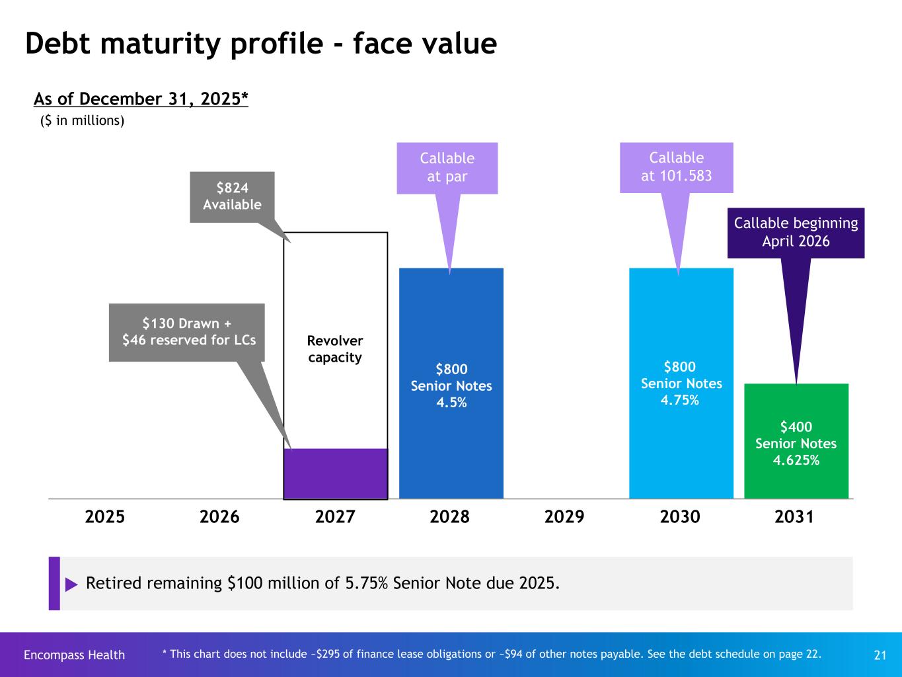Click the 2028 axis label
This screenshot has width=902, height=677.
449,516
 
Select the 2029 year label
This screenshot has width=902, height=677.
564,516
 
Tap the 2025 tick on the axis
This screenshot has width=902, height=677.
105,516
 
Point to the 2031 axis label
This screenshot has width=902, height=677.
794,516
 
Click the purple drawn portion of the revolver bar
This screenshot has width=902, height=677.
336,473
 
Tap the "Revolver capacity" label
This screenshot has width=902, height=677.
335,349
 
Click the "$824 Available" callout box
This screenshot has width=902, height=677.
232,197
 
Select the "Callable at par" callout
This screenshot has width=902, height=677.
447,168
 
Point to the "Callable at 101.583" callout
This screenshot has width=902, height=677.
677,167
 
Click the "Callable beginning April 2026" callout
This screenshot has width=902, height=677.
796,233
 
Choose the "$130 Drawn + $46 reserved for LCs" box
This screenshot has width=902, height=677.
187,332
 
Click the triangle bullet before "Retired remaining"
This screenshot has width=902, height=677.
71,584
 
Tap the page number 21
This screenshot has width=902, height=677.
880,655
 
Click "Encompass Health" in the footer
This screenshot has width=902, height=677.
74,655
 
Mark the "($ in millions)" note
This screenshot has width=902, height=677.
83,121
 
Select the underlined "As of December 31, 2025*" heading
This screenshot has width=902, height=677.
141,99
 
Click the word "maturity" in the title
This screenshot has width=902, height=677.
165,44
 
